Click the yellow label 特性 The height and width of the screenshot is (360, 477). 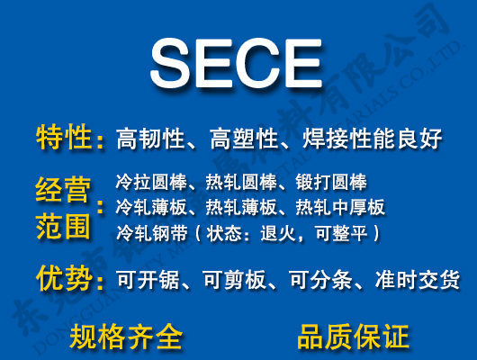coord(64,139)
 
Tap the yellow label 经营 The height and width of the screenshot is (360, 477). coord(64,191)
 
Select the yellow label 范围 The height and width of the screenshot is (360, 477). coord(64,226)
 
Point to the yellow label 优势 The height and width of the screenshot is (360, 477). coord(64,279)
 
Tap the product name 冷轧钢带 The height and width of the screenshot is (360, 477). coord(146,233)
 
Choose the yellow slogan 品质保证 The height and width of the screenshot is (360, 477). coord(353,337)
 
